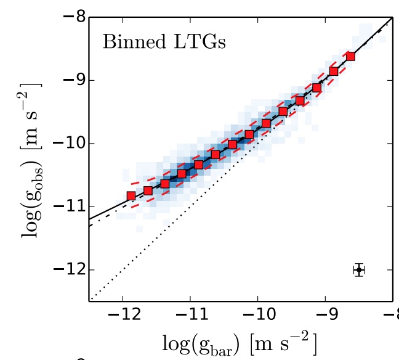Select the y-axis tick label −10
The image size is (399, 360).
tap(65, 144)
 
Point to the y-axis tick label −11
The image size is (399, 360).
tap(65, 207)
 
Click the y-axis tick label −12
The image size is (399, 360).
tap(65, 270)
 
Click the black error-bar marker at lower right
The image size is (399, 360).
tap(359, 270)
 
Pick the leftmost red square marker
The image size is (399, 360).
tap(131, 196)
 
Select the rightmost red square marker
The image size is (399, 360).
tap(350, 56)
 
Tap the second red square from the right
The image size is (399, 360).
tap(334, 72)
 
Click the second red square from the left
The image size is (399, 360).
tap(148, 190)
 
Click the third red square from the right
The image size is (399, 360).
tap(316, 88)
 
